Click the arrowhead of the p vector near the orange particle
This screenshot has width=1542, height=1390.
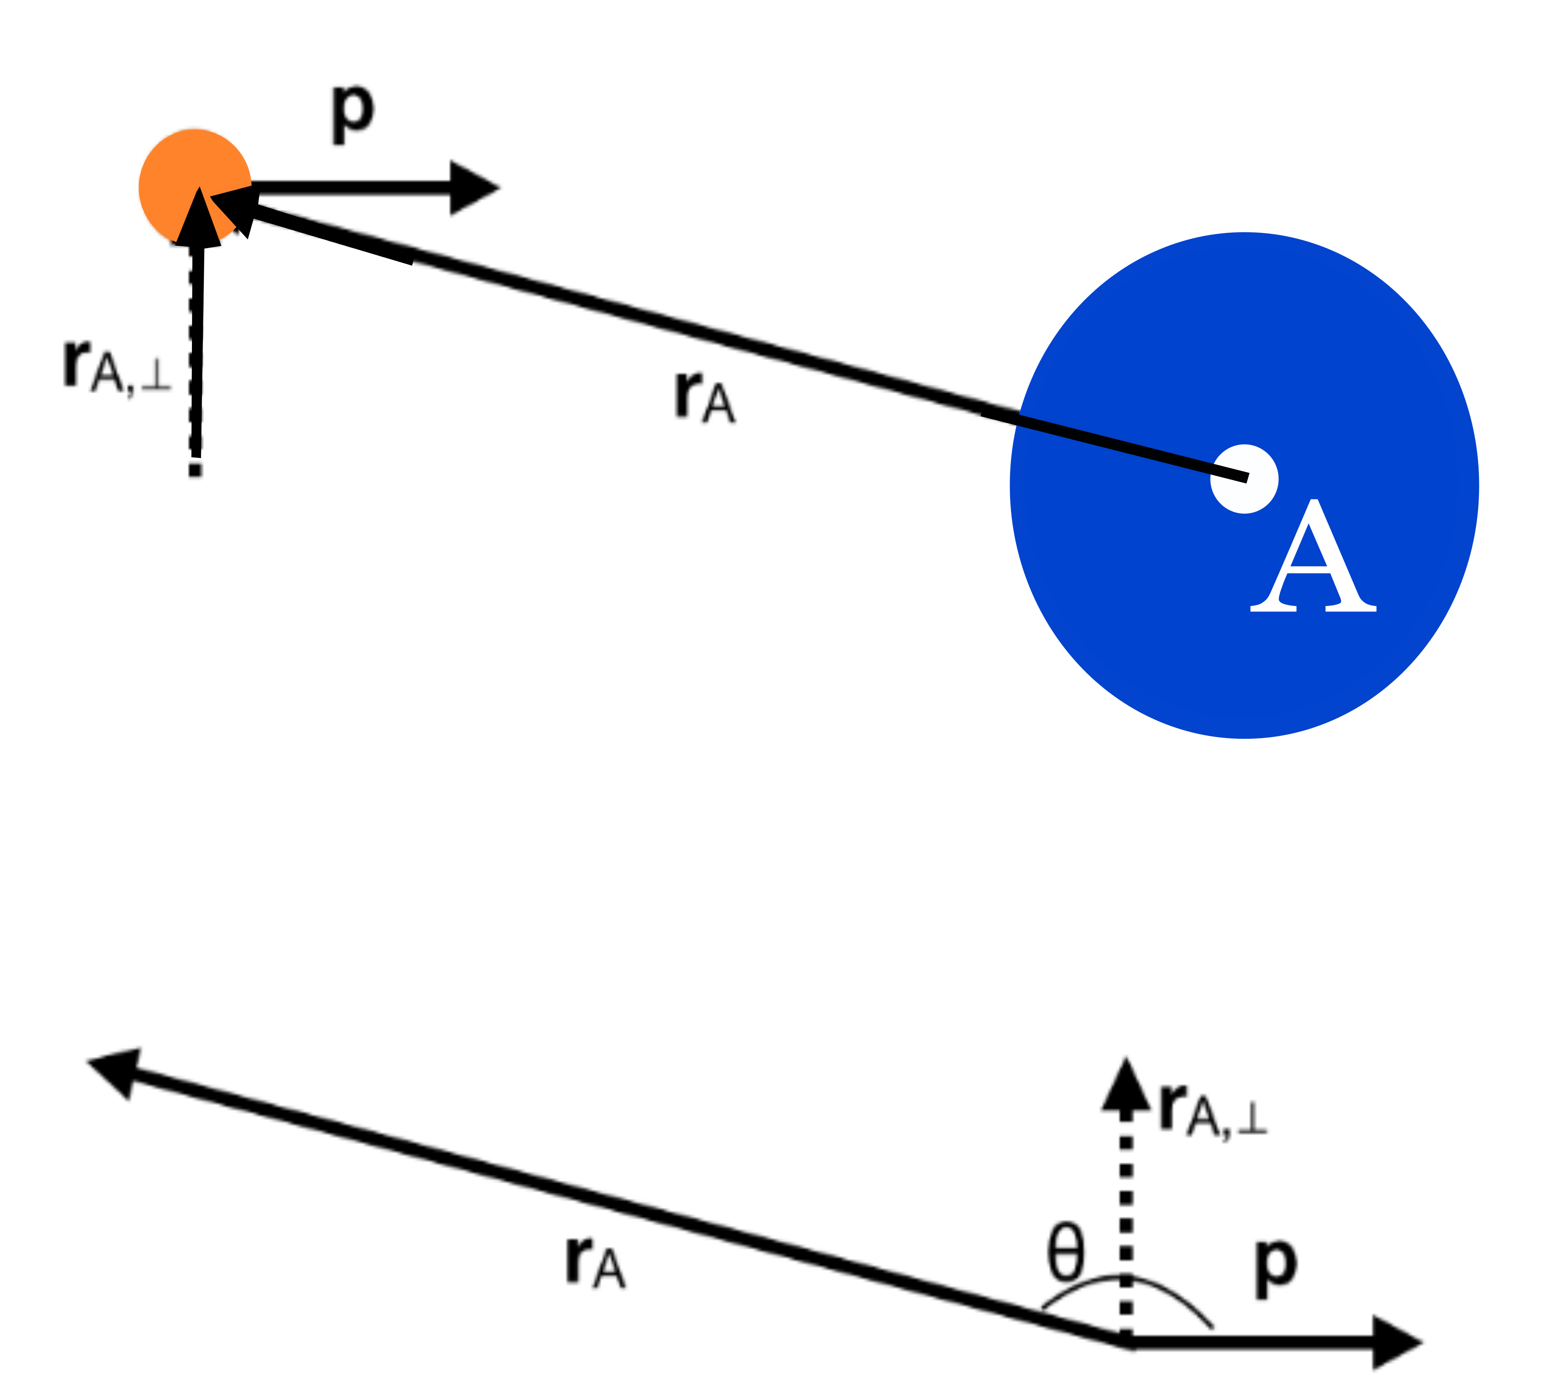(x=471, y=188)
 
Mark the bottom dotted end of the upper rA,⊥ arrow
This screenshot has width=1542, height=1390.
(x=195, y=467)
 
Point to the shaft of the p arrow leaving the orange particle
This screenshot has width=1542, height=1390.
(x=351, y=188)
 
